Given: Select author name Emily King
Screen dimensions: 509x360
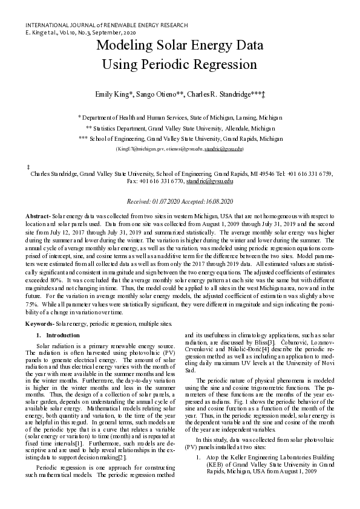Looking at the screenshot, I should pyautogui.click(x=112, y=96).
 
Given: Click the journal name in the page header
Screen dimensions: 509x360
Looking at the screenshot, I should pyautogui.click(x=106, y=25).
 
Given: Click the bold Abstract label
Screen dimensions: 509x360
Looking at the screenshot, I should pyautogui.click(x=38, y=216).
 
